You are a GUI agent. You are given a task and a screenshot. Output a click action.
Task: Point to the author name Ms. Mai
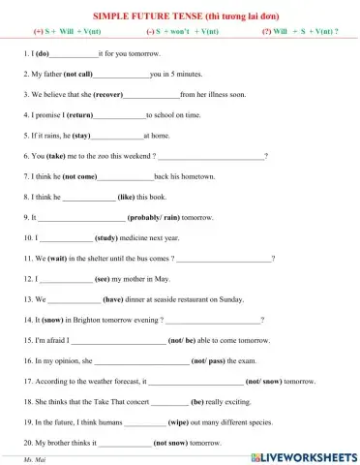34,458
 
